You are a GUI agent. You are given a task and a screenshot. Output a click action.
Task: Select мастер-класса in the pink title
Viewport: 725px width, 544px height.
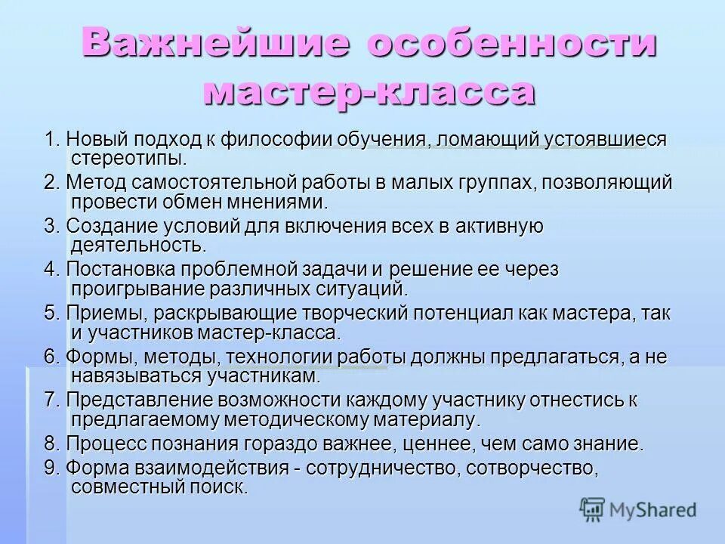pyautogui.click(x=369, y=92)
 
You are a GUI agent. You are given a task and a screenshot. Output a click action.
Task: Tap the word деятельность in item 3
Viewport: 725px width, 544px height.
pyautogui.click(x=137, y=246)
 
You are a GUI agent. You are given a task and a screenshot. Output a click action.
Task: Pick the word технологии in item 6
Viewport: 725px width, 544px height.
pyautogui.click(x=276, y=356)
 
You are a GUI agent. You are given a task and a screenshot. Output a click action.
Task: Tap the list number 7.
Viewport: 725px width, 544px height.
pyautogui.click(x=50, y=399)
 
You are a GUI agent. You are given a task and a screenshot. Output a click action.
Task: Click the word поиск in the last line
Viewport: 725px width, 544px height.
pyautogui.click(x=221, y=487)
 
